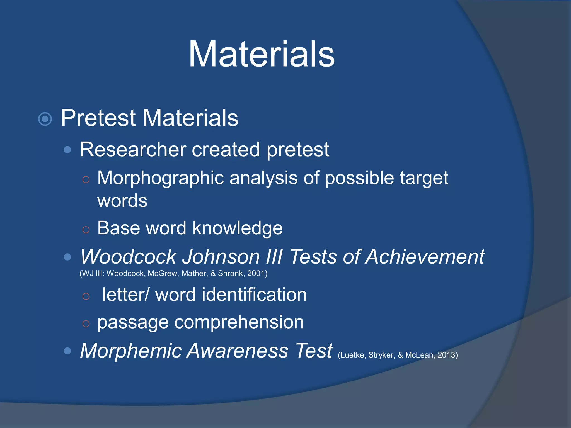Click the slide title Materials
[x=262, y=54]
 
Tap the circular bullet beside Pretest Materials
[x=45, y=119]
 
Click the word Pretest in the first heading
[x=98, y=118]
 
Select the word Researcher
[x=133, y=150]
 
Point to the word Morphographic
[x=160, y=178]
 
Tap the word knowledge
[x=238, y=228]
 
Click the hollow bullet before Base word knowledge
[x=86, y=230]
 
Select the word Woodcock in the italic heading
[x=128, y=257]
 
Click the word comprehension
[x=239, y=323]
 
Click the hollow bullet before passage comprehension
[x=86, y=324]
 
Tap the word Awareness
[x=238, y=351]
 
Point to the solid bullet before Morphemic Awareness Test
[x=67, y=351]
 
